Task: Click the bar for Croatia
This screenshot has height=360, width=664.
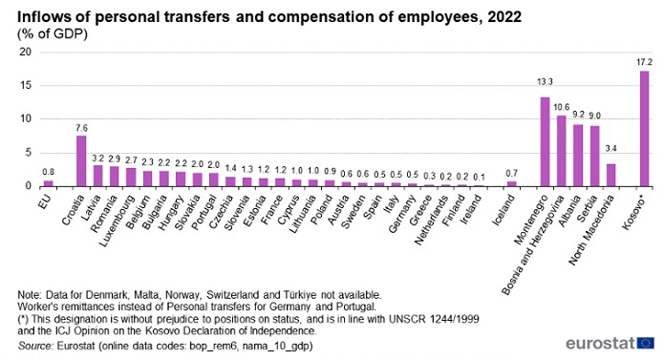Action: [81, 160]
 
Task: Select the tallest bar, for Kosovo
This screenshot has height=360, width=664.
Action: [644, 129]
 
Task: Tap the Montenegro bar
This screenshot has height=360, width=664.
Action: [545, 141]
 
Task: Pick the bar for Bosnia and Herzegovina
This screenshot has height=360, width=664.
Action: [562, 151]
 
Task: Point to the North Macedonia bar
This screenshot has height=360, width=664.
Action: [611, 175]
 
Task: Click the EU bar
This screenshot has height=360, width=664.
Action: [49, 183]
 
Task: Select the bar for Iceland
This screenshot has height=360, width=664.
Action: [512, 184]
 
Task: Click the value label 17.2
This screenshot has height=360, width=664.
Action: [645, 62]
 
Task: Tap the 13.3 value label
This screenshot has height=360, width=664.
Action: [545, 82]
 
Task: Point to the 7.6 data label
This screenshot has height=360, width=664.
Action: [81, 128]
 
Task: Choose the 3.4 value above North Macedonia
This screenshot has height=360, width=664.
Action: [611, 148]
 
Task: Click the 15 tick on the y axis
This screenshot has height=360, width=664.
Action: [26, 85]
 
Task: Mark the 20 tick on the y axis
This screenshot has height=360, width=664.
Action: [26, 52]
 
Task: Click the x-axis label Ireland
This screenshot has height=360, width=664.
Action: [471, 209]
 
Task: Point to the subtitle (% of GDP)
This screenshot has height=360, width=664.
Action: [53, 33]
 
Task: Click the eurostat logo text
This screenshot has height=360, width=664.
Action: [601, 343]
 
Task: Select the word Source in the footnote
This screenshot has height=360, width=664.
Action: [35, 346]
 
